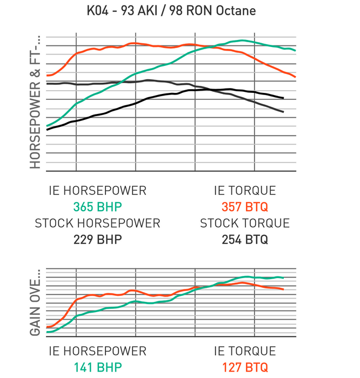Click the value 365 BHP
tap(97, 207)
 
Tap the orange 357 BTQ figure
tap(244, 207)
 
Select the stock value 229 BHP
tap(97, 240)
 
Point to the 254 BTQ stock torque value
tap(244, 240)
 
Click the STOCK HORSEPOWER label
tap(97, 223)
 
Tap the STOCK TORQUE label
tap(244, 223)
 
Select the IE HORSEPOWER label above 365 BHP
tap(97, 191)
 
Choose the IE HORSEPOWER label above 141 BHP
tap(97, 352)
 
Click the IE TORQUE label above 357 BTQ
tap(244, 191)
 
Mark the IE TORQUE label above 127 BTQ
tap(244, 352)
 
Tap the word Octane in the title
tap(236, 10)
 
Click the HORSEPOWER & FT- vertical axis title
tap(36, 103)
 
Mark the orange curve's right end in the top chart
tap(295, 77)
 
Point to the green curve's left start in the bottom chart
tap(48, 332)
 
